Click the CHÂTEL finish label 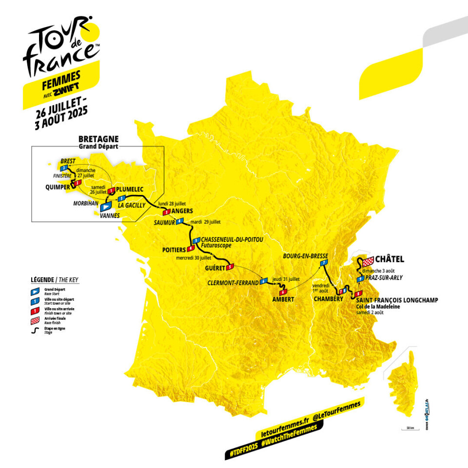click(390, 259)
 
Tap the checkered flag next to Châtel click(367, 260)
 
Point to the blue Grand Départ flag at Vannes click(106, 207)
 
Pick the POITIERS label click(174, 250)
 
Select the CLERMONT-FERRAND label click(233, 282)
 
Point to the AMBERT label click(283, 299)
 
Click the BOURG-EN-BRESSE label click(306, 256)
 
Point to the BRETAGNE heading click(98, 139)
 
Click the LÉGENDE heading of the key click(41, 280)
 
